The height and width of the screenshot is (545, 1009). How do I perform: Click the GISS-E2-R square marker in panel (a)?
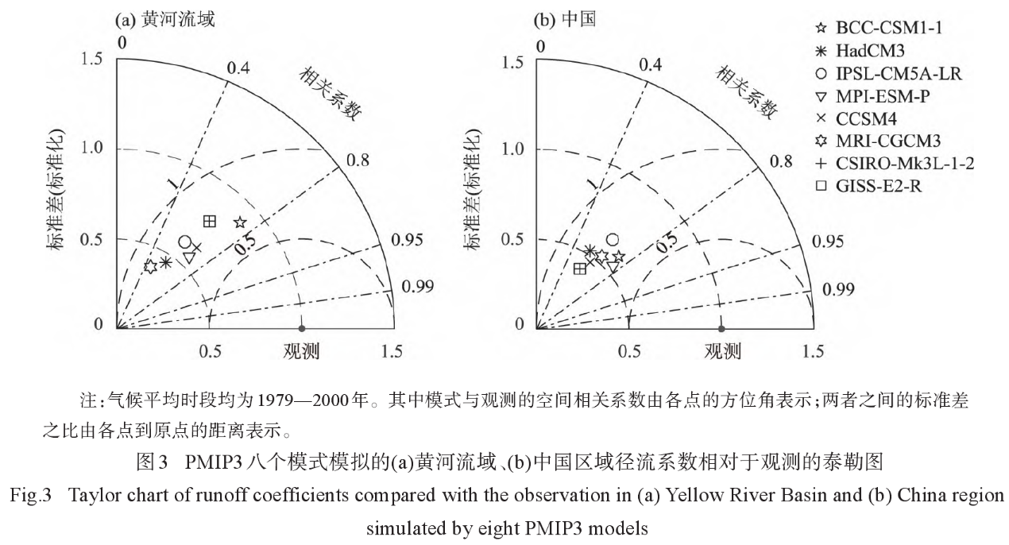(x=210, y=221)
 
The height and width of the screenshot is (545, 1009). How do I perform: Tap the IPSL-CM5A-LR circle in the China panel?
(x=613, y=239)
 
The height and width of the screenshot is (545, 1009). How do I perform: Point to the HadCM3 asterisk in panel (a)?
(x=164, y=262)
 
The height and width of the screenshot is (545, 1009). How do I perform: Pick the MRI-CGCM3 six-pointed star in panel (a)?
(x=150, y=267)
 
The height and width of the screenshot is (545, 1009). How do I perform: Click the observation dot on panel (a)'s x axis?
(x=302, y=328)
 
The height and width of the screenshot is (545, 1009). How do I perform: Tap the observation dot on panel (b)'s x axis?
(x=721, y=328)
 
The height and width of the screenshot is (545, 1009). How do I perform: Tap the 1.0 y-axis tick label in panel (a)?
(x=93, y=149)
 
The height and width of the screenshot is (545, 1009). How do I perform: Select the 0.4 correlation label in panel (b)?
(x=650, y=65)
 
